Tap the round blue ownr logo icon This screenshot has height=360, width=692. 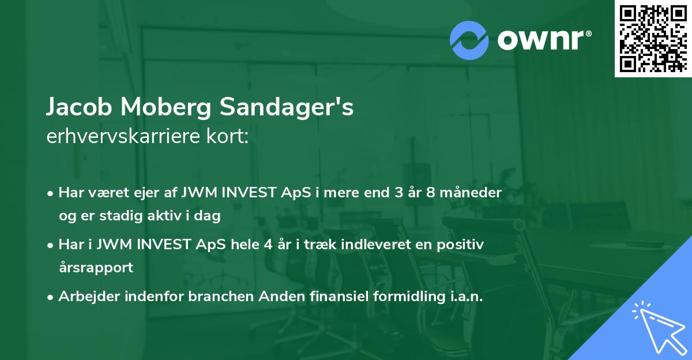(469, 40)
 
